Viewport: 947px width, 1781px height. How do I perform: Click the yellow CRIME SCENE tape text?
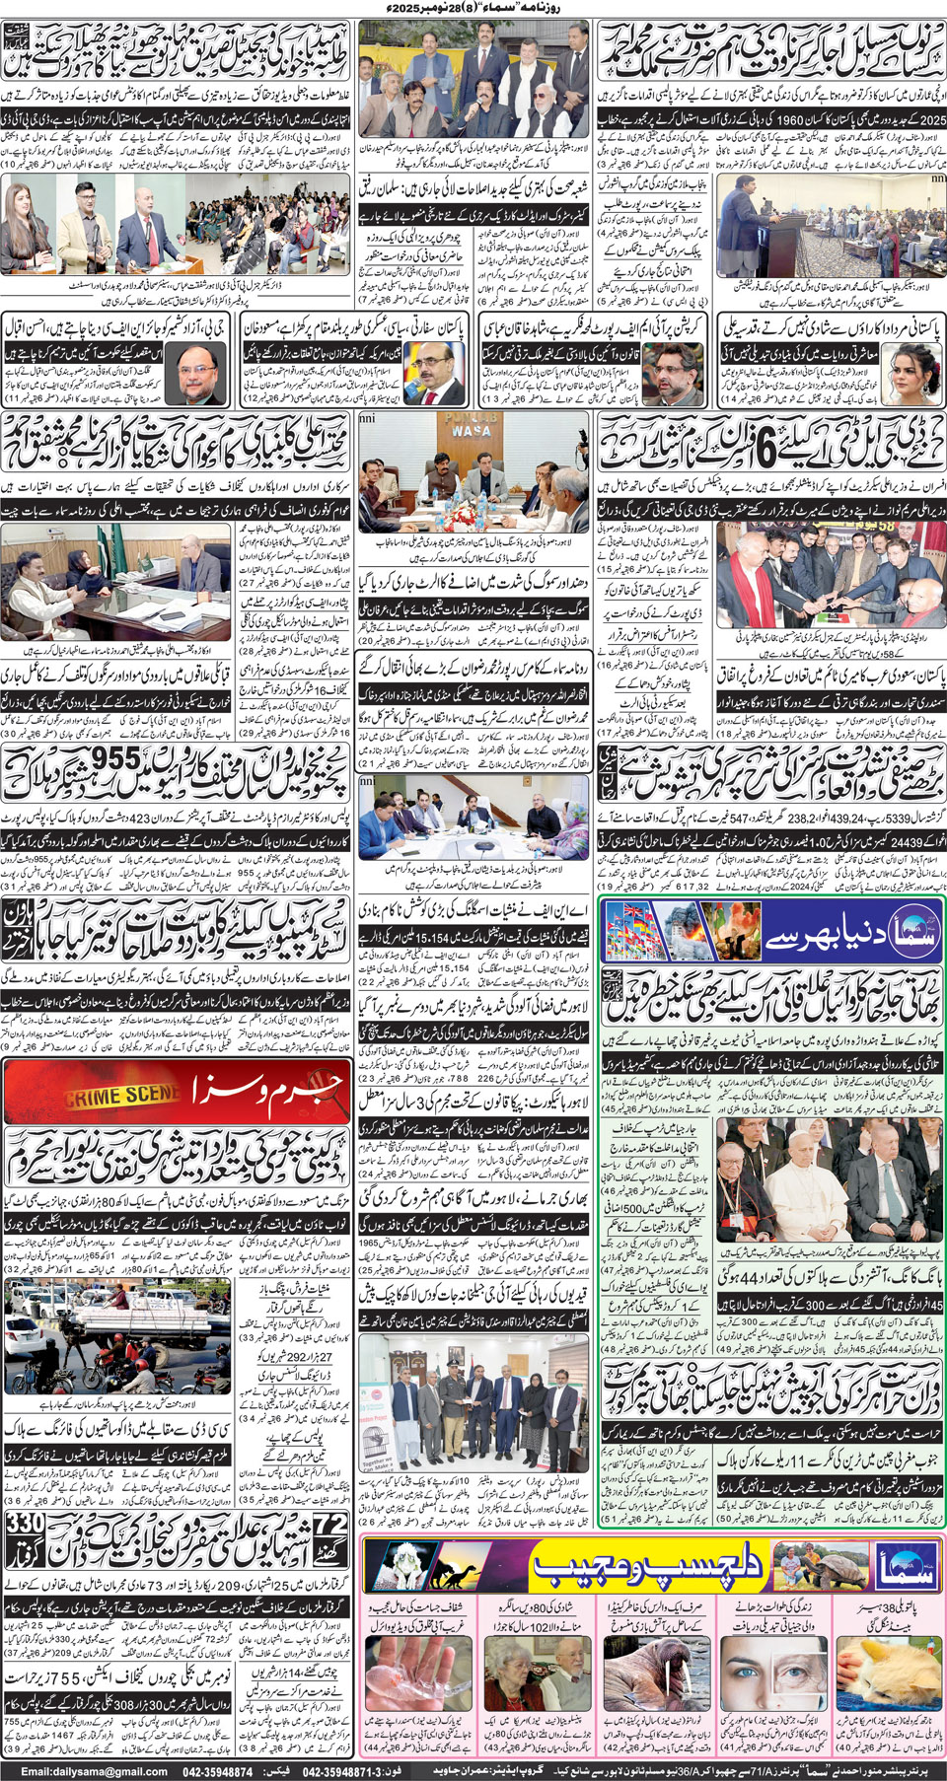(123, 1096)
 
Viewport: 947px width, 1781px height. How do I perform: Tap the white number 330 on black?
(25, 1524)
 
